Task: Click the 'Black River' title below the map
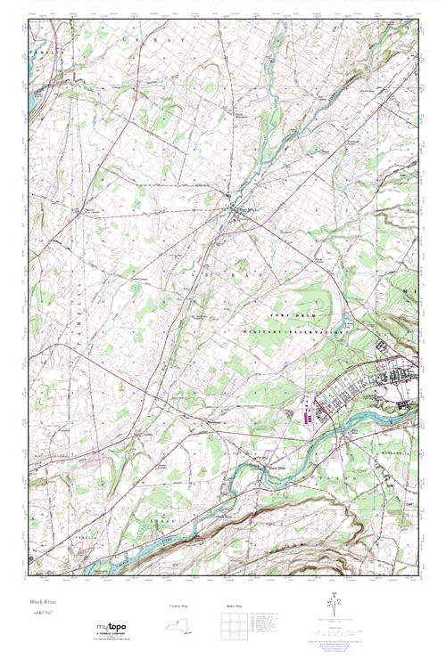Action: click(42, 603)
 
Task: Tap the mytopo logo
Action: click(111, 627)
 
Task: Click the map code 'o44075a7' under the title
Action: click(41, 614)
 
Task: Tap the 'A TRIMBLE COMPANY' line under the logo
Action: click(111, 635)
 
